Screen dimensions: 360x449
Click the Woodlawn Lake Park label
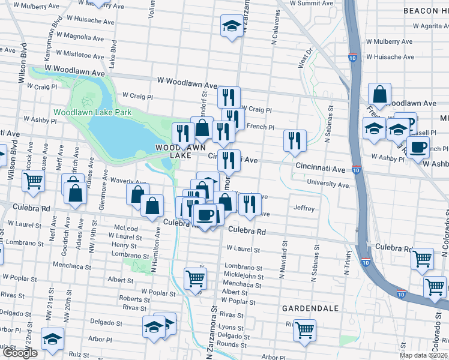[92, 112]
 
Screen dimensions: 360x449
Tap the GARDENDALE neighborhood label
[310, 308]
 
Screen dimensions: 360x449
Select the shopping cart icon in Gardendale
[305, 329]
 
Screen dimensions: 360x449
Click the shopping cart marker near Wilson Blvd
[33, 179]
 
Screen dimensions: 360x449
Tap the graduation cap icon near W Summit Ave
[232, 26]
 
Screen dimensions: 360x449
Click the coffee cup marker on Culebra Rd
[206, 214]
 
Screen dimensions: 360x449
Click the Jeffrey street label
[304, 208]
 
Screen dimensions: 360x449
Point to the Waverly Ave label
[128, 181]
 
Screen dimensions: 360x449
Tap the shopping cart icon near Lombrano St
[196, 278]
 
